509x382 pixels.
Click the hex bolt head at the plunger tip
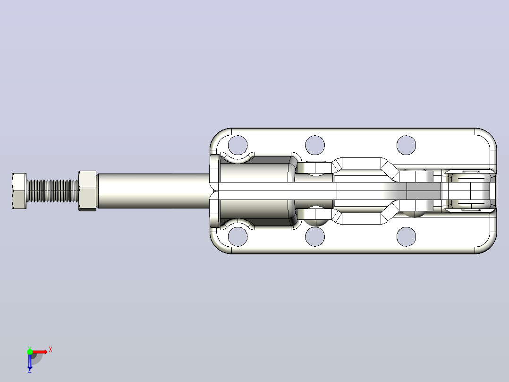[x=19, y=191]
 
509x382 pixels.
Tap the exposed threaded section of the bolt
[x=52, y=191]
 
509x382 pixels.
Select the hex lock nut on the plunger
[x=87, y=191]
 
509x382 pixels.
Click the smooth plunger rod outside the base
[x=153, y=191]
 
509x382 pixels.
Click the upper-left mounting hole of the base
[x=238, y=145]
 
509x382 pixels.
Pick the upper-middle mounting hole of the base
[x=315, y=145]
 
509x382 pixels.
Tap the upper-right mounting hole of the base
[x=406, y=145]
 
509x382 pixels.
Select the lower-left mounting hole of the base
[x=238, y=236]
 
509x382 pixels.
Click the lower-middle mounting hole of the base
[x=315, y=236]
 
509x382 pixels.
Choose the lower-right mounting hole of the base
[x=406, y=236]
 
